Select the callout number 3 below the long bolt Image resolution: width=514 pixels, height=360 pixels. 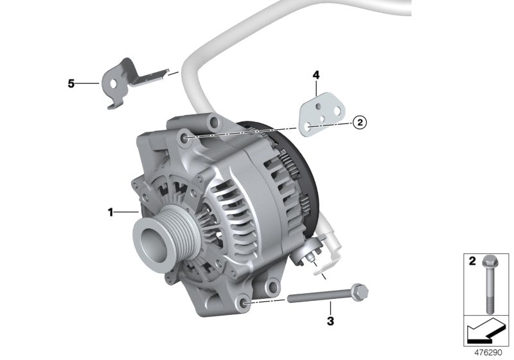click(x=330, y=319)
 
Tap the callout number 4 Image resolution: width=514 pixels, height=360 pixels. click(x=316, y=75)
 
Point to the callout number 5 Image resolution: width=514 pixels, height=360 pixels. click(x=71, y=84)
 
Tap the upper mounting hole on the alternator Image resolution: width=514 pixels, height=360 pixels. click(x=186, y=138)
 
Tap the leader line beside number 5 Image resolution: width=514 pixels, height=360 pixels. click(x=87, y=84)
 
